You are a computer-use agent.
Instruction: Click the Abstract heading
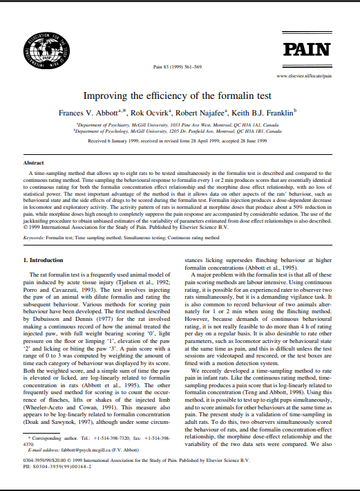[34, 162]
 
